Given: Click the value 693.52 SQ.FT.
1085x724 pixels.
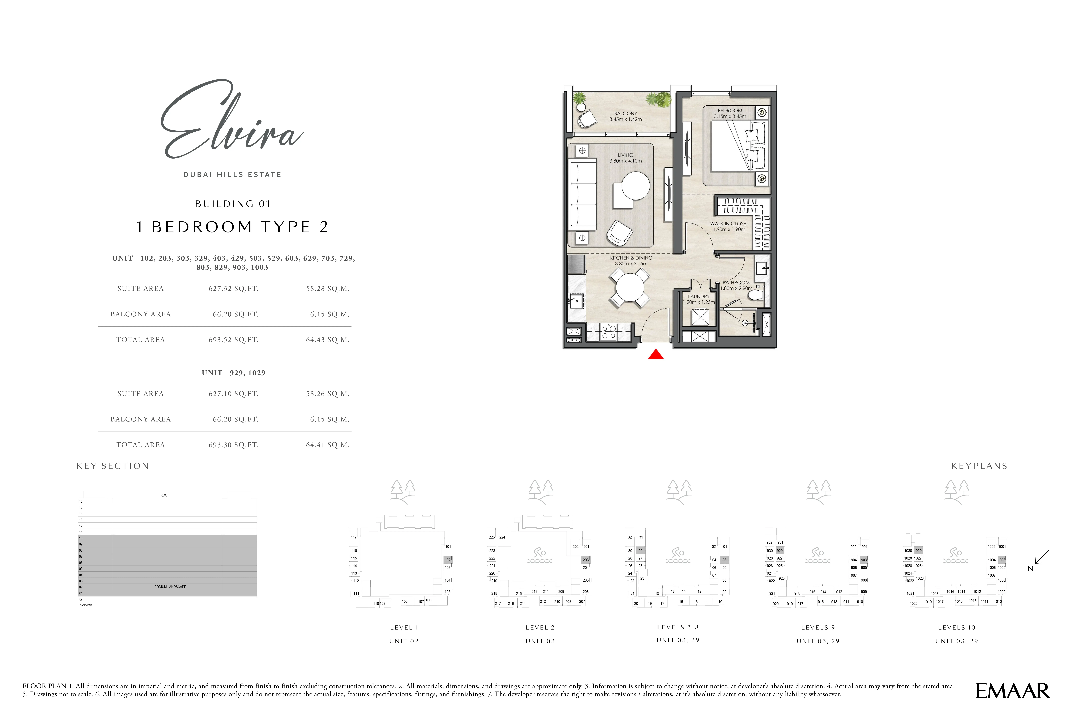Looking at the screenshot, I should point(233,340).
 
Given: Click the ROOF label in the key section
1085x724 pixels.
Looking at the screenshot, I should point(165,495).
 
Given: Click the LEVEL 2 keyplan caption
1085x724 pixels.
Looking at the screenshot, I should point(540,627).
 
